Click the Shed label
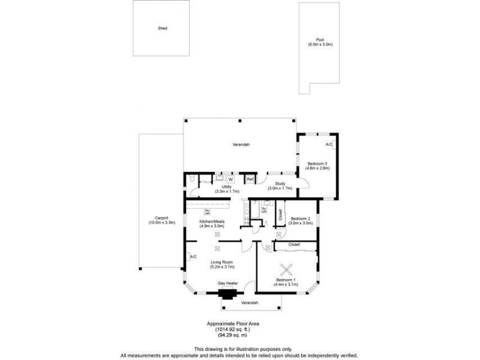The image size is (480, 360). point(162,28)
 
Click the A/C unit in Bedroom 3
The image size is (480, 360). point(329,145)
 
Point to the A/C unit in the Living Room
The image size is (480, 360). point(193,257)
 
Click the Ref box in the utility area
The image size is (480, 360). point(250,179)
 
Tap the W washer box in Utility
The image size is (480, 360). point(230,179)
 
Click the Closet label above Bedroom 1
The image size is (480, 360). point(294,245)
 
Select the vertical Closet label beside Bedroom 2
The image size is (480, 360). point(280,215)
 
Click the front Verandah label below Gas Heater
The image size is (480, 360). point(250,303)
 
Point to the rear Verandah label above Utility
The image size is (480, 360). point(241,145)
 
